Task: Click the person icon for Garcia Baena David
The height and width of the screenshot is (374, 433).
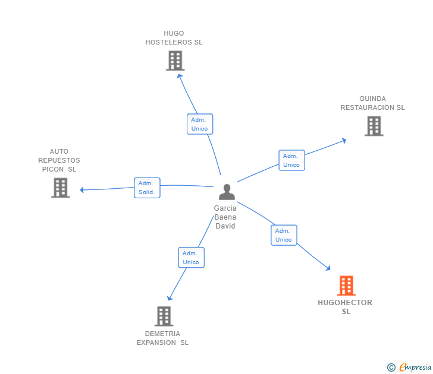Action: point(227,192)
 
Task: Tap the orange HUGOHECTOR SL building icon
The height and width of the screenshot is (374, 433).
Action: point(346,286)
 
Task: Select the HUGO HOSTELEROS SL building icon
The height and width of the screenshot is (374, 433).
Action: point(175,61)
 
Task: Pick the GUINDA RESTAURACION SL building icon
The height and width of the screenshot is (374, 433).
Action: point(374,126)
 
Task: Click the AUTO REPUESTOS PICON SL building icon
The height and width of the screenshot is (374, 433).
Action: point(60,188)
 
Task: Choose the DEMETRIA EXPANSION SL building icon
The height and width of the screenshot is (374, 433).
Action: point(164,316)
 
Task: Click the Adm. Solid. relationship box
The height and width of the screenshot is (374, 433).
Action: point(147,188)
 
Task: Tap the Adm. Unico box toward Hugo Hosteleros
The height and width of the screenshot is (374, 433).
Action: point(199,124)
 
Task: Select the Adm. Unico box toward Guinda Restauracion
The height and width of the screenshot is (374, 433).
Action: point(291,160)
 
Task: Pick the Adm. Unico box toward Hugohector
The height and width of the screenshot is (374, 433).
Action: point(284,235)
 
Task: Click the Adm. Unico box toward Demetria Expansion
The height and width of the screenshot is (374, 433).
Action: point(191,258)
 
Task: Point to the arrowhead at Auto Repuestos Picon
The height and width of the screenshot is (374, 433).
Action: point(83,190)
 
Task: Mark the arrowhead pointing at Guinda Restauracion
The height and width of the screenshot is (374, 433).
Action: point(343,141)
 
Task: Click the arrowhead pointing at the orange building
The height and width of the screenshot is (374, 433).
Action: point(328,268)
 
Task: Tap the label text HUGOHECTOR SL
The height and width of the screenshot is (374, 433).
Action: point(346,307)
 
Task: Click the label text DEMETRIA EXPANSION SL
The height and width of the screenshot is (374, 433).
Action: point(162,338)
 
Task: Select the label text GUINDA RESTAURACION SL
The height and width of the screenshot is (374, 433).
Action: point(372,103)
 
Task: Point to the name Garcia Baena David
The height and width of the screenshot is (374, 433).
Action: point(225,217)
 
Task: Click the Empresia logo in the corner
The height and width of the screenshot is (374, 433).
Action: point(415,367)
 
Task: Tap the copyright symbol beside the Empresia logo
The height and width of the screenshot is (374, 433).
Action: point(391,367)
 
